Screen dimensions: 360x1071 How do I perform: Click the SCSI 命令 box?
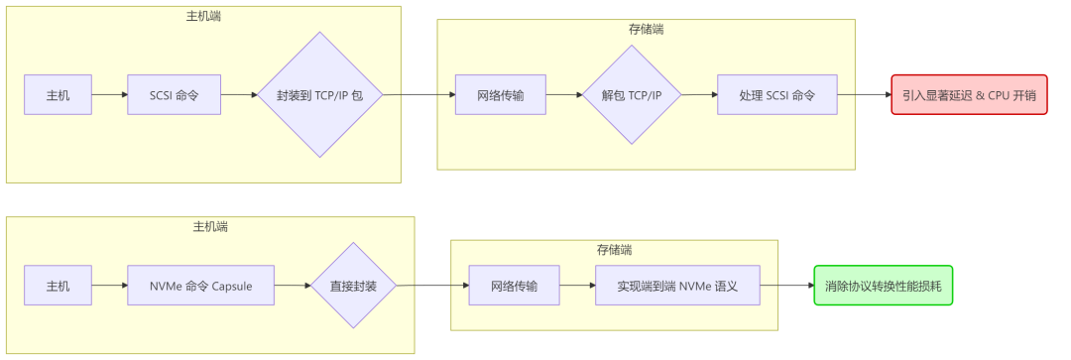click(174, 95)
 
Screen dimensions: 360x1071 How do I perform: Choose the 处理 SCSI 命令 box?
click(776, 95)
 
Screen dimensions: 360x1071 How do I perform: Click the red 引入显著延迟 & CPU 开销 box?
click(969, 95)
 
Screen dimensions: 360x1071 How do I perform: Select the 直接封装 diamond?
click(353, 286)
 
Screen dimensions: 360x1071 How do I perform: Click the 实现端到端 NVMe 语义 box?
click(676, 286)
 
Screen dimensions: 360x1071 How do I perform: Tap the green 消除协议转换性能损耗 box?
click(883, 286)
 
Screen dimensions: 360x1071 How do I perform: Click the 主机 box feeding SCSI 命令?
click(58, 95)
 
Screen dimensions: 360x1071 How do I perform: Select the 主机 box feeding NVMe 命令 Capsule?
click(58, 286)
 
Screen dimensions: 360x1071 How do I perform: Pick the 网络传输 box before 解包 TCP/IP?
click(500, 95)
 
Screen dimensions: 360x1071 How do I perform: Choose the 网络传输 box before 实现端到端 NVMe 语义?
click(514, 286)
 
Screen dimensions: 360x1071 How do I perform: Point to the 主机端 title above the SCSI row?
click(203, 17)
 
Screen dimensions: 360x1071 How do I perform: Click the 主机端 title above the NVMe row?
click(209, 227)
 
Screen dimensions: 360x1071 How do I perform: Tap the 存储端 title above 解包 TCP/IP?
click(646, 30)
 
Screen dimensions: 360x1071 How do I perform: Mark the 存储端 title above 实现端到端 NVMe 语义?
click(614, 250)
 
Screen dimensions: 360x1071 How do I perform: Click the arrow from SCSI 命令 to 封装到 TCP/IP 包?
click(239, 95)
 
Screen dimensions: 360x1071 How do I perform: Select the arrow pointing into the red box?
click(864, 95)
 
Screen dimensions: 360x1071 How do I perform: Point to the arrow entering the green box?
click(786, 286)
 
